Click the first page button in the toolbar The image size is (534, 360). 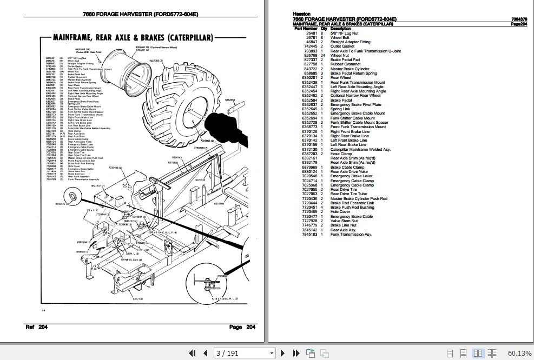click(191, 353)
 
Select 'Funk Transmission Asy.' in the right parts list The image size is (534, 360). click(351, 234)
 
